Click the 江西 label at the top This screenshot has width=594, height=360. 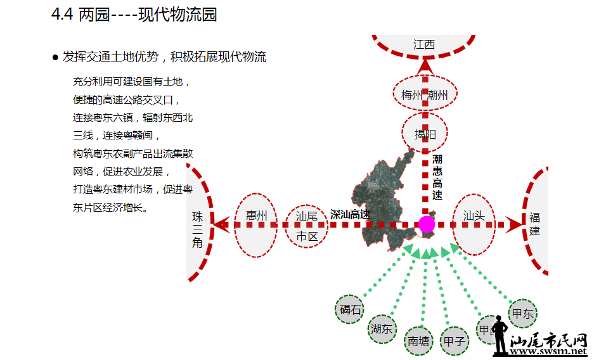[424, 44]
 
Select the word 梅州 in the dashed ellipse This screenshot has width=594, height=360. [411, 95]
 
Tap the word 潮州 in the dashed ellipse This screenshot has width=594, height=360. [438, 95]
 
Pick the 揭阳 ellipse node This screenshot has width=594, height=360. [425, 134]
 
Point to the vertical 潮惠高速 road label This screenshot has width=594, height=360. [437, 177]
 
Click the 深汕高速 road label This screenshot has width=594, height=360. [350, 214]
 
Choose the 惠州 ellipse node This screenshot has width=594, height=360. [256, 225]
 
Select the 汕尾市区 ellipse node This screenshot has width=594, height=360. [307, 226]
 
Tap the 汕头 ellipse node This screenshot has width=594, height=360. [474, 225]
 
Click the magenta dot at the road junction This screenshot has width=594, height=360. [427, 224]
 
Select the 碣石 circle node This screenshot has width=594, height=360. [350, 309]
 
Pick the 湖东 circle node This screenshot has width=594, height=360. [382, 329]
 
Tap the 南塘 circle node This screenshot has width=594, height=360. [418, 340]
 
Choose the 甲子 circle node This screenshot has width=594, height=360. [454, 341]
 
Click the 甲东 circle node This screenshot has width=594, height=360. [523, 313]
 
